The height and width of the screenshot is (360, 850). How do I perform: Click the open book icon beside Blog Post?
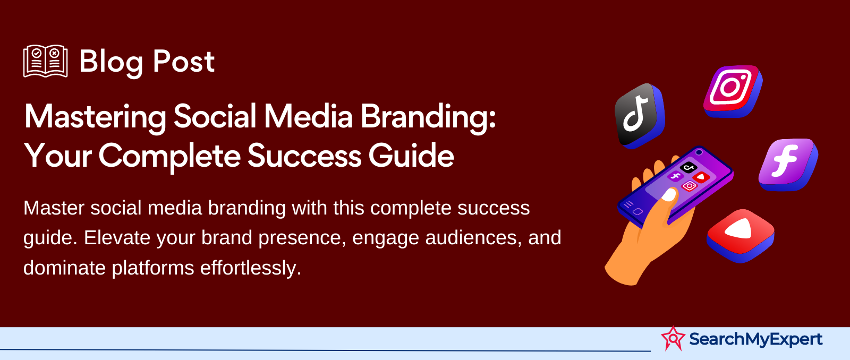click(x=46, y=61)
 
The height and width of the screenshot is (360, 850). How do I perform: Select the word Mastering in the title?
click(x=95, y=118)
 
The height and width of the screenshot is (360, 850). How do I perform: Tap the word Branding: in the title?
click(x=428, y=118)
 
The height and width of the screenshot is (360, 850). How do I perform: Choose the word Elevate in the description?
click(x=117, y=238)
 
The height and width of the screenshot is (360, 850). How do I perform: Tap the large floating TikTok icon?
click(x=640, y=116)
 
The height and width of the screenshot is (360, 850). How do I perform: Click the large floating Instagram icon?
click(x=733, y=91)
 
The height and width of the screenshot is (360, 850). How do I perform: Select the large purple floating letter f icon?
click(x=788, y=164)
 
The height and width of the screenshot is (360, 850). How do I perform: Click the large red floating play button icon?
click(x=741, y=236)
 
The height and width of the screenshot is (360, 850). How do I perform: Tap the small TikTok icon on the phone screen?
click(x=688, y=167)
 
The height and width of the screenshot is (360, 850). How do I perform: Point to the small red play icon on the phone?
click(x=701, y=177)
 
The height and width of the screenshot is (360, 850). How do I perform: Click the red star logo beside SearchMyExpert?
click(x=673, y=338)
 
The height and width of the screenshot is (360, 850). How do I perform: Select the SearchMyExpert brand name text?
click(x=756, y=339)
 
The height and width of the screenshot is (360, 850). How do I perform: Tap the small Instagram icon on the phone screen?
click(x=689, y=186)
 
